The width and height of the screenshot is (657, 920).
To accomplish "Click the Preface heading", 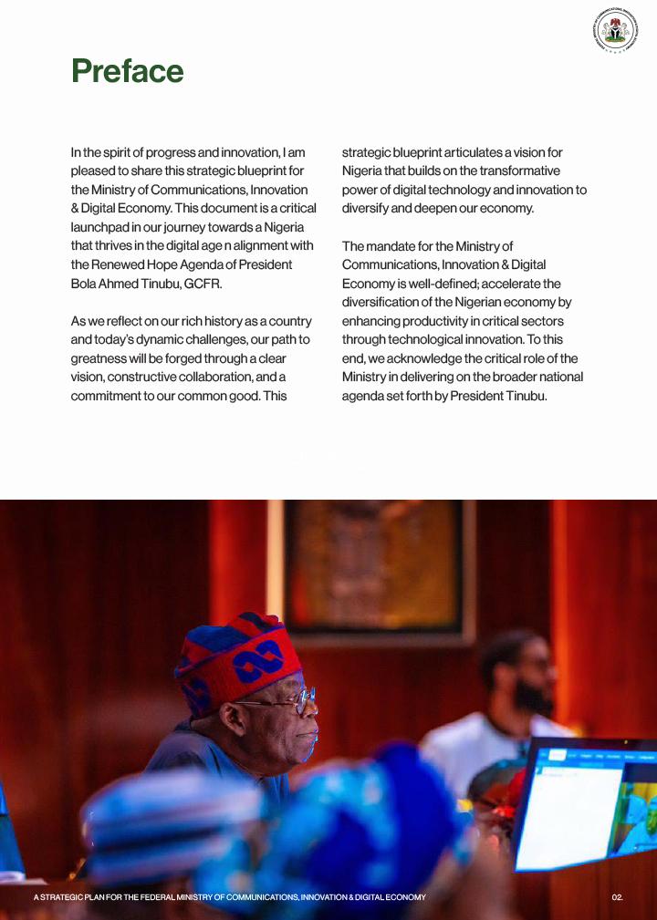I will coord(128,71).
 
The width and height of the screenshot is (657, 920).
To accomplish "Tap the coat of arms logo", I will coord(615,30).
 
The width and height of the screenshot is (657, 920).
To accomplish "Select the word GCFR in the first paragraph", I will coord(203,284).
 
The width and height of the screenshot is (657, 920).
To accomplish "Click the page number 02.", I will coord(618,898).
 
